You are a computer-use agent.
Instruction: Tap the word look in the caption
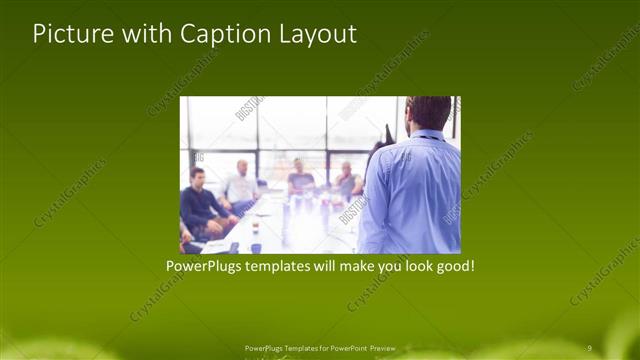(x=413, y=267)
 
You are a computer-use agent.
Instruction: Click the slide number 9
(x=590, y=347)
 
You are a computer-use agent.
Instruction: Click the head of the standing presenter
(x=429, y=112)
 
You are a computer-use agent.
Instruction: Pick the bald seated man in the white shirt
(x=241, y=186)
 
